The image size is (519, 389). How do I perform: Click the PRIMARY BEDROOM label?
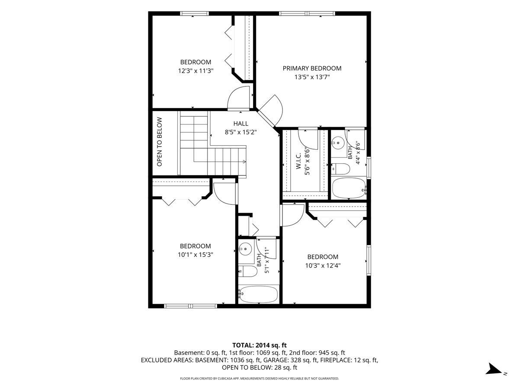[312, 68]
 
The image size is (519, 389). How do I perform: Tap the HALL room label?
[241, 124]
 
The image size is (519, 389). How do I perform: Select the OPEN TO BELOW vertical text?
[159, 142]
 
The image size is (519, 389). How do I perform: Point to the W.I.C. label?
[298, 161]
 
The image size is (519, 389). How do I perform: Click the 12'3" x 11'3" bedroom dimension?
[196, 70]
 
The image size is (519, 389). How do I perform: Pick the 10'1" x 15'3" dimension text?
[195, 255]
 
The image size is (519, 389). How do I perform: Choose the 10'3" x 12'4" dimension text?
[323, 265]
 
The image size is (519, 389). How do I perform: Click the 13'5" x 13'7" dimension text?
[312, 77]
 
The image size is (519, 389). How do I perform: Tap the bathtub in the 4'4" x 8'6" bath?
[349, 188]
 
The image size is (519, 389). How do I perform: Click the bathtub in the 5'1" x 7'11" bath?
[258, 294]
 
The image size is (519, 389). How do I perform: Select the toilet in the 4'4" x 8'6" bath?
[340, 169]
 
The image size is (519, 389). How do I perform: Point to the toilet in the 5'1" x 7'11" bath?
[247, 271]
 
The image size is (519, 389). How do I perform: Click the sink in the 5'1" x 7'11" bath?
[245, 249]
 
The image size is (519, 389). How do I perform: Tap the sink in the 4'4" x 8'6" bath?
[338, 143]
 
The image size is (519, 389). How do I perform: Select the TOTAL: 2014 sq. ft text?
[259, 345]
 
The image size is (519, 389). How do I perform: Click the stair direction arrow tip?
[245, 162]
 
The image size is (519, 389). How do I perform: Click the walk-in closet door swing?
[308, 140]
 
